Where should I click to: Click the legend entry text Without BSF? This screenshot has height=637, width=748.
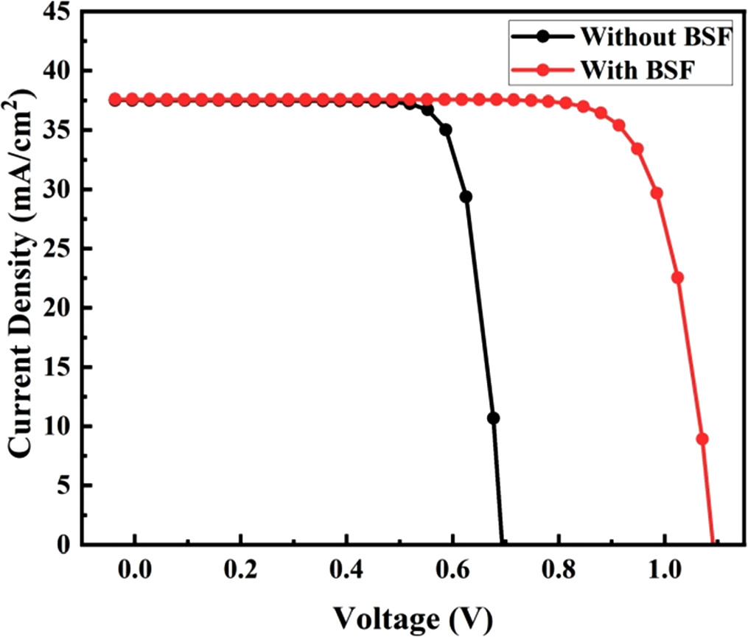pyautogui.click(x=656, y=36)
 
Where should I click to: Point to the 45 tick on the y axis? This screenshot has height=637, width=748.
pyautogui.click(x=61, y=11)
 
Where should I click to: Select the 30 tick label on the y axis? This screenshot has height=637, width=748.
pyautogui.click(x=61, y=189)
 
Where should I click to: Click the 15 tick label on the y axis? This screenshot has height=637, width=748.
pyautogui.click(x=61, y=367)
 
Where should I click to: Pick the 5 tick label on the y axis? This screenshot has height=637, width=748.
pyautogui.click(x=66, y=485)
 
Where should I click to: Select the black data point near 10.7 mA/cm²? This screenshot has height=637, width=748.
pyautogui.click(x=493, y=418)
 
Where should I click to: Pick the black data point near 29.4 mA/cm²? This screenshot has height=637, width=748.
pyautogui.click(x=466, y=197)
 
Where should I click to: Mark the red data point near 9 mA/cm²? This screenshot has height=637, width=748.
pyautogui.click(x=702, y=439)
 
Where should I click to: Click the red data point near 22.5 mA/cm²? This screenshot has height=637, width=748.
pyautogui.click(x=677, y=278)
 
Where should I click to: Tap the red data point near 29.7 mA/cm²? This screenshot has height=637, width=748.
pyautogui.click(x=657, y=194)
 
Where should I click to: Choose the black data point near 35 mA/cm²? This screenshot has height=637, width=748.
pyautogui.click(x=446, y=130)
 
